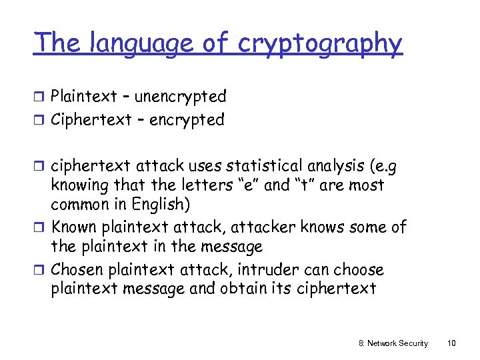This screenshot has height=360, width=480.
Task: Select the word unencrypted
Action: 181,97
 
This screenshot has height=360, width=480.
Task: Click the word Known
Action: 74,227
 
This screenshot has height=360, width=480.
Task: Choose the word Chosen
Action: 76,270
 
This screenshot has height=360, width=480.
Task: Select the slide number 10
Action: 451,343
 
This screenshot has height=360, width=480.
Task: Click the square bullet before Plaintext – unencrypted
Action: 41,97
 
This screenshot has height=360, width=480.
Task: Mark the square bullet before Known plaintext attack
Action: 41,228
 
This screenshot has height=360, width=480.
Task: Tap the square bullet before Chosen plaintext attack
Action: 41,271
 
